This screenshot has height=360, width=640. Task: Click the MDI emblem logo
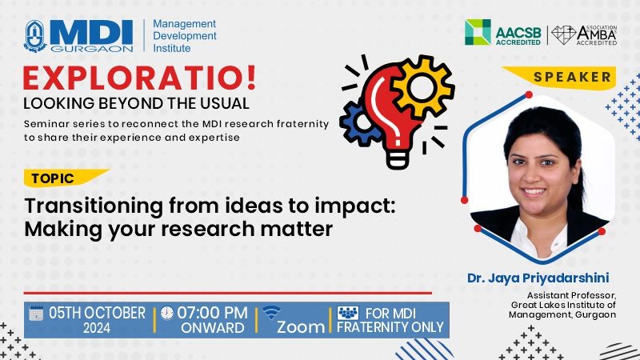coord(35,36)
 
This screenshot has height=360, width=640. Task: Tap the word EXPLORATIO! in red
coord(139,78)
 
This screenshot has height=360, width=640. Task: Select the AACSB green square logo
coord(478,32)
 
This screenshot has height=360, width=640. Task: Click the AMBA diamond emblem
coord(564,35)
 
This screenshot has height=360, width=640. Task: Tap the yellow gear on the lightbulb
coord(422,86)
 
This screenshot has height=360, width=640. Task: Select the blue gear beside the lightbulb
coord(359,123)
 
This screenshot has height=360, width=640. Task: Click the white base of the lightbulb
coord(397,159)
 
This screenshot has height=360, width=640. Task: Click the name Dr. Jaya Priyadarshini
coord(538,278)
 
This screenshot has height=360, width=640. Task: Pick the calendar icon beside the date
coord(36,313)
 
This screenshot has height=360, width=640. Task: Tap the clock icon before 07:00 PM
coord(166,313)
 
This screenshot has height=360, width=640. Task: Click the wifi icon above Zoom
coord(271,312)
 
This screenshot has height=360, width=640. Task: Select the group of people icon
coord(348,313)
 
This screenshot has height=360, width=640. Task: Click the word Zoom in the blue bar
coord(301,327)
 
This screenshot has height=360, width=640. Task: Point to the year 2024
coord(97,328)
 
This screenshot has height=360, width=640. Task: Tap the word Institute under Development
coord(172,48)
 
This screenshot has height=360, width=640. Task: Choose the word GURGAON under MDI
coord(92,49)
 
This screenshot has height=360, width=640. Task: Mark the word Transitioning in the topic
coord(94,206)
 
